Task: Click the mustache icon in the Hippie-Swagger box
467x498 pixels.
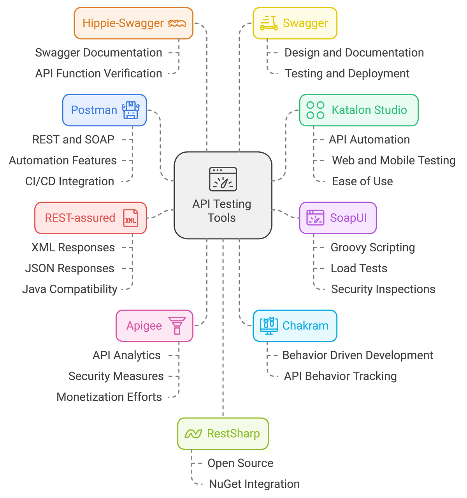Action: click(x=177, y=23)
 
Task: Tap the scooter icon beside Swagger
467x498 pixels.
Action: click(x=269, y=23)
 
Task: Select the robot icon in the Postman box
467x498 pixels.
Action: click(x=131, y=110)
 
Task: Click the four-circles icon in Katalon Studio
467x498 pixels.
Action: click(x=315, y=110)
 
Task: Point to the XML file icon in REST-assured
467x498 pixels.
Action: click(x=130, y=218)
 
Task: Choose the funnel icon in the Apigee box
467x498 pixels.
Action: click(x=177, y=326)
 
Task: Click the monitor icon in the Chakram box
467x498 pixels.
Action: click(x=269, y=326)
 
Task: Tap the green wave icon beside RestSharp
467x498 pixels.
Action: click(x=193, y=434)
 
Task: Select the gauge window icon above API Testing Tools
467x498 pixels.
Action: click(x=223, y=179)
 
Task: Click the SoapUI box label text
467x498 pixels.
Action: click(x=348, y=218)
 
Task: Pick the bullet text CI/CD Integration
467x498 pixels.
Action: click(x=70, y=181)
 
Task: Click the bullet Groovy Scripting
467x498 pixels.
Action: click(x=372, y=247)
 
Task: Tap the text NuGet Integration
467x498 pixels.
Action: click(x=254, y=484)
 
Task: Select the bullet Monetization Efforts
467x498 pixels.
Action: click(x=109, y=397)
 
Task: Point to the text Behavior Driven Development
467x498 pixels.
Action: click(x=357, y=355)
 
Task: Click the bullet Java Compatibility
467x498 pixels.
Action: click(x=70, y=289)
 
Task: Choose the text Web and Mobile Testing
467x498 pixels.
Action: click(x=393, y=160)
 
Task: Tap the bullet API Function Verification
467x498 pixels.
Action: click(x=98, y=73)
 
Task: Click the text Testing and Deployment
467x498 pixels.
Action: click(x=347, y=73)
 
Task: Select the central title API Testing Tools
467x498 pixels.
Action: click(x=222, y=211)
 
